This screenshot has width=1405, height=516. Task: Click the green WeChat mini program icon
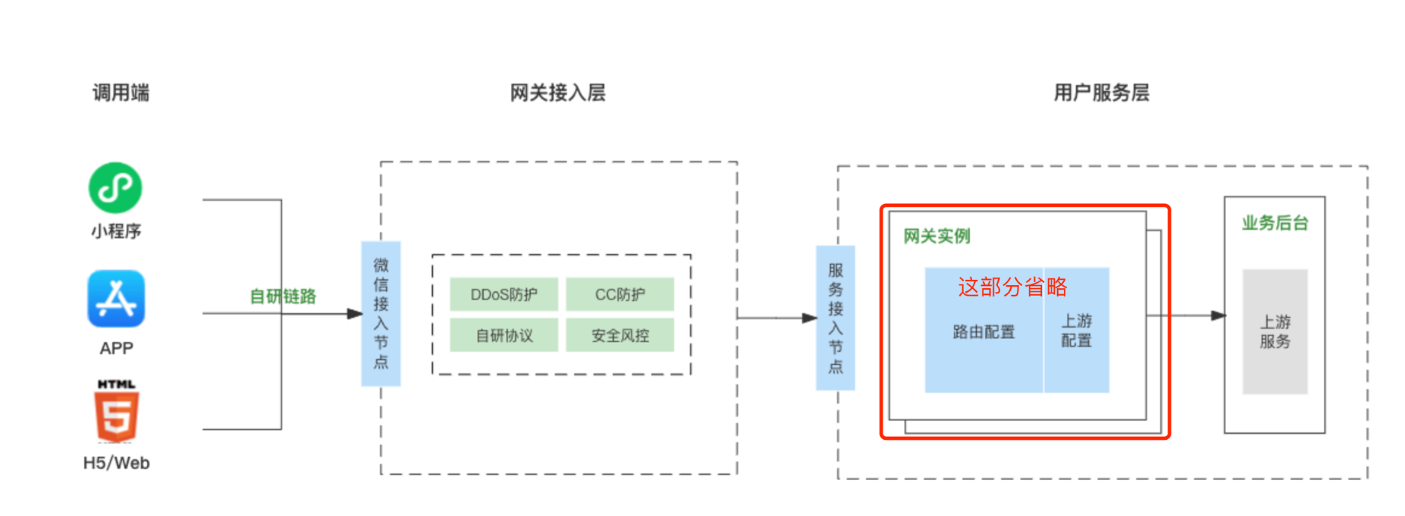tap(115, 187)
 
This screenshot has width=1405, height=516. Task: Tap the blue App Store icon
tap(116, 299)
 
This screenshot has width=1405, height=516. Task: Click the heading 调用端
tap(121, 93)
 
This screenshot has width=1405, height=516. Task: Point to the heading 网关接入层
tap(558, 93)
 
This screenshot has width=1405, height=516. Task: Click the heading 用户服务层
tap(1101, 93)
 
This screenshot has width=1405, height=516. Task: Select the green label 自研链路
tap(283, 296)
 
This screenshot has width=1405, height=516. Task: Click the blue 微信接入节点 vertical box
tap(381, 314)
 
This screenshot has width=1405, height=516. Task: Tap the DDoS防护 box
tap(504, 294)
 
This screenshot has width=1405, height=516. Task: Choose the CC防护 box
tap(620, 294)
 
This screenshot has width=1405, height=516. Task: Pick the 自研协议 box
tap(504, 335)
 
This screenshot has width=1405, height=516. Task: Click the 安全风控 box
tap(620, 335)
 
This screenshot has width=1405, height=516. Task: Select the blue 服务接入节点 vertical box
tap(835, 318)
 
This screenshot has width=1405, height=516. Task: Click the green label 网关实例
tap(937, 237)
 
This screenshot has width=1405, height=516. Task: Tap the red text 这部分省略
tap(1012, 287)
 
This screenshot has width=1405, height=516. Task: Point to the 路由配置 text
tap(984, 332)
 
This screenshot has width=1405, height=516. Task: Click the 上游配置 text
tap(1077, 331)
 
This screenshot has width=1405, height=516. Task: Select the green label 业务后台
tap(1274, 223)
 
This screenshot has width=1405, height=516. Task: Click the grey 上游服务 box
tap(1274, 332)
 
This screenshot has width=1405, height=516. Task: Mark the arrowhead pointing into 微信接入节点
tap(355, 314)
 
